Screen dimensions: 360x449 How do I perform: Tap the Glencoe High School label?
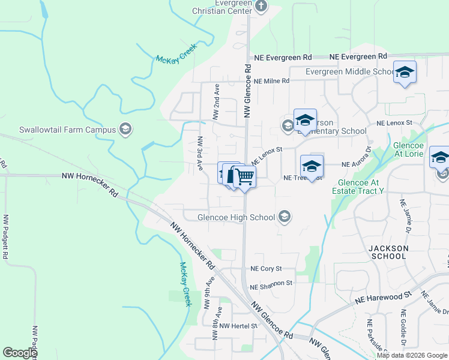[x=237, y=217]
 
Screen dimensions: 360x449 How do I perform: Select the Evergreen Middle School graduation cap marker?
[x=405, y=73]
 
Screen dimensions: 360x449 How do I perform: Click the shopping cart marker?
[x=244, y=177]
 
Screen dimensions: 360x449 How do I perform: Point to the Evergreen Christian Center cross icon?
[x=261, y=7]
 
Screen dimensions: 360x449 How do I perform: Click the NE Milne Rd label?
[x=271, y=81]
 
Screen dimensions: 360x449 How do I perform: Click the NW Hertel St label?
[x=238, y=326]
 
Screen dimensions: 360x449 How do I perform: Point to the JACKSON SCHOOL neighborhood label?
[x=388, y=252]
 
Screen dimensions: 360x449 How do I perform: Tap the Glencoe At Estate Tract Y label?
[x=360, y=187]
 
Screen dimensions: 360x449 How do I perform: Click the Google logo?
[x=20, y=353]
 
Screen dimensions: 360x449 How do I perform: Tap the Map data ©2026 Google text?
[x=412, y=355]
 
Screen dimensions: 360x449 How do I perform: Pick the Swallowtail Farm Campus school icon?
[x=125, y=130]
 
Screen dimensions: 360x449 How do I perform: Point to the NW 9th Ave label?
[x=208, y=292]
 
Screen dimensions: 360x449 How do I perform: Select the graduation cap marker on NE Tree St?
[x=312, y=166]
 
